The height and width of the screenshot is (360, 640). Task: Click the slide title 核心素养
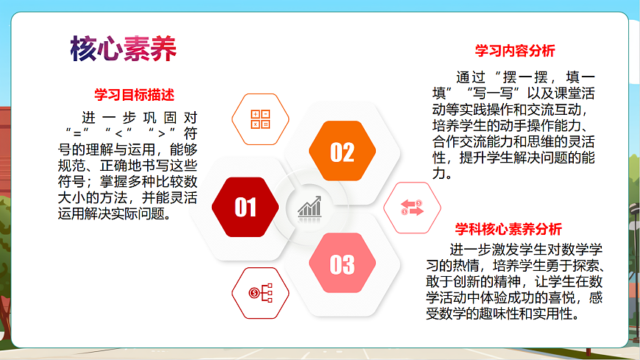click(123, 49)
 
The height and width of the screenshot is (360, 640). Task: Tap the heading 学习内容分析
click(515, 51)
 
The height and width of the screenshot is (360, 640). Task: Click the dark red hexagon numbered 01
click(245, 208)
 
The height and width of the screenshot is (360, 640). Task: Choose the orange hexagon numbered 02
click(341, 152)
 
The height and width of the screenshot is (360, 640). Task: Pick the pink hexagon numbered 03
click(341, 264)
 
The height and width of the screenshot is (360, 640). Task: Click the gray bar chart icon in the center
click(310, 207)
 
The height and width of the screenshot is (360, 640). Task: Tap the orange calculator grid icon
click(260, 119)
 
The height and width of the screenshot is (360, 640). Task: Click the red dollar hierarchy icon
click(260, 293)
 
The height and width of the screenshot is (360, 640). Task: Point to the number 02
click(341, 152)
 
